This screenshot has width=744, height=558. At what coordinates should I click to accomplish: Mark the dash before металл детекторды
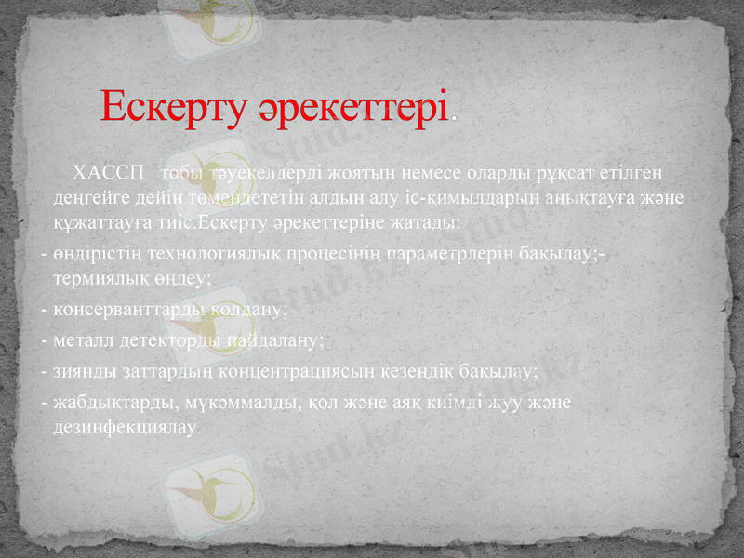click(45, 340)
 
